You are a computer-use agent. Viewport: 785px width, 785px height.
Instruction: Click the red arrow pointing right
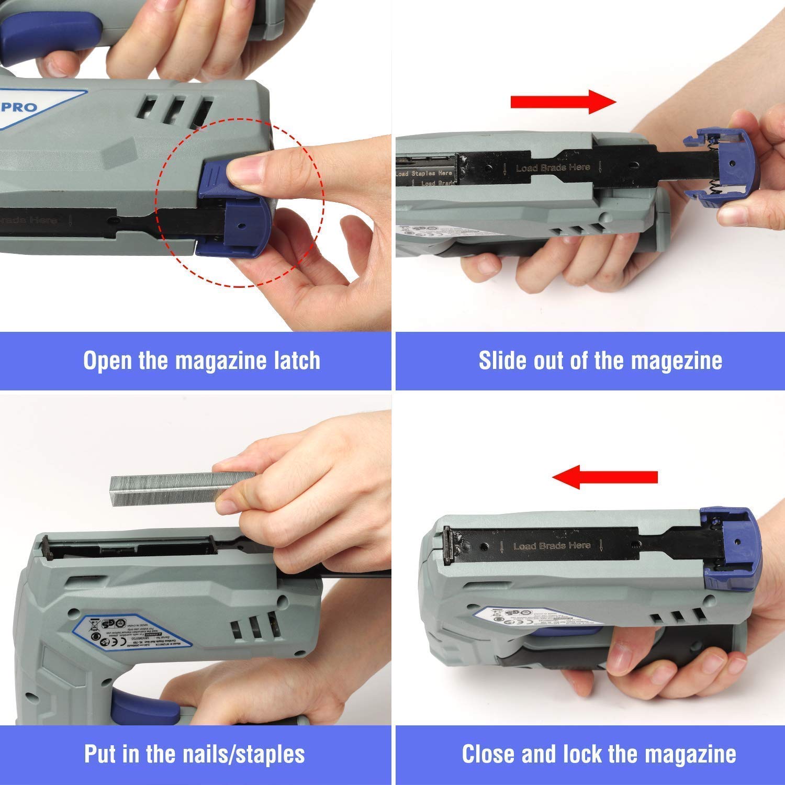[x=563, y=102]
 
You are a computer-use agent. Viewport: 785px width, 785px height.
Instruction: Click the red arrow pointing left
[x=605, y=477]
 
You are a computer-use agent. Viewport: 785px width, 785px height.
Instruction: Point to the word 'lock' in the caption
[x=584, y=754]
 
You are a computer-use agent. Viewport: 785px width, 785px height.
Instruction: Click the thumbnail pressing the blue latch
[x=246, y=171]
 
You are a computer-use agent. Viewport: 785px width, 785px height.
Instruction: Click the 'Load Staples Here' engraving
[x=424, y=173]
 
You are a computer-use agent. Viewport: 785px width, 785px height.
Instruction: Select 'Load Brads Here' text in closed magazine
[x=552, y=546]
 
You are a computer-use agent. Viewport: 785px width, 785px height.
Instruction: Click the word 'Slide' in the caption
[x=501, y=361]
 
